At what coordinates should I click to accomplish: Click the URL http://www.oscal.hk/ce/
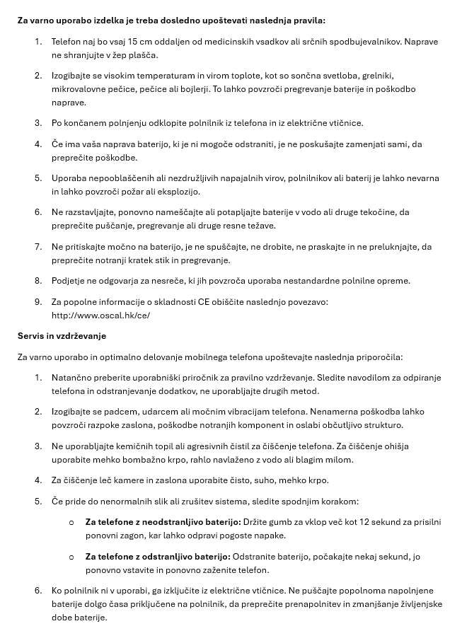click(100, 315)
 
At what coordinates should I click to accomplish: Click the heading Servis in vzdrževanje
click(62, 336)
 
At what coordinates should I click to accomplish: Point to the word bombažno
click(150, 460)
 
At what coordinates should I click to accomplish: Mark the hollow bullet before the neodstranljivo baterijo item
click(71, 523)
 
